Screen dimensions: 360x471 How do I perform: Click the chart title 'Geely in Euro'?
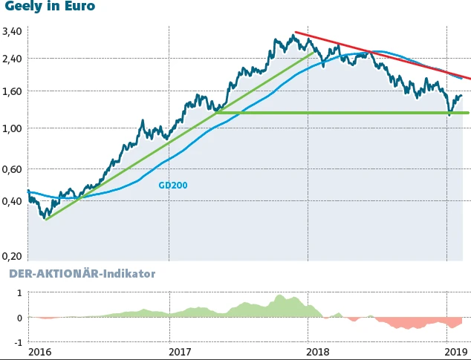pyautogui.click(x=50, y=7)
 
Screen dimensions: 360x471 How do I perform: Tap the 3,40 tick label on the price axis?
pyautogui.click(x=13, y=32)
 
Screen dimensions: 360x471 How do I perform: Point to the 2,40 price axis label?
pyautogui.click(x=13, y=58)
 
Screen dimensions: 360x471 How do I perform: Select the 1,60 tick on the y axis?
pyautogui.click(x=13, y=91)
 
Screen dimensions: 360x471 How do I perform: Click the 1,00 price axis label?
pyautogui.click(x=13, y=128)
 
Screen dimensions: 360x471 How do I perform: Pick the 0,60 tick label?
pyautogui.click(x=13, y=169)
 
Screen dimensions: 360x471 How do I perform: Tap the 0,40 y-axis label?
pyautogui.click(x=13, y=200)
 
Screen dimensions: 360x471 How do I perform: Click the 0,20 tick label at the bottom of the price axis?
pyautogui.click(x=13, y=256)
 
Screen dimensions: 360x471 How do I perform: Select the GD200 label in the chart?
pyautogui.click(x=172, y=186)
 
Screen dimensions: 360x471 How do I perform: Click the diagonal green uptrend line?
pyautogui.click(x=178, y=134)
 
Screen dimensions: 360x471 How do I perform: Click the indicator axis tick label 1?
pyautogui.click(x=19, y=293)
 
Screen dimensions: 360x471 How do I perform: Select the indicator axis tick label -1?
pyautogui.click(x=17, y=342)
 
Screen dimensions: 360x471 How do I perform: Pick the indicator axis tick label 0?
pyautogui.click(x=19, y=318)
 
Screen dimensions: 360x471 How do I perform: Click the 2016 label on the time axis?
pyautogui.click(x=41, y=352)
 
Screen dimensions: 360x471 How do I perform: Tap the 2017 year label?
pyautogui.click(x=181, y=352)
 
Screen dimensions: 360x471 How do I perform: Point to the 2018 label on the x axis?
pyautogui.click(x=321, y=352)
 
